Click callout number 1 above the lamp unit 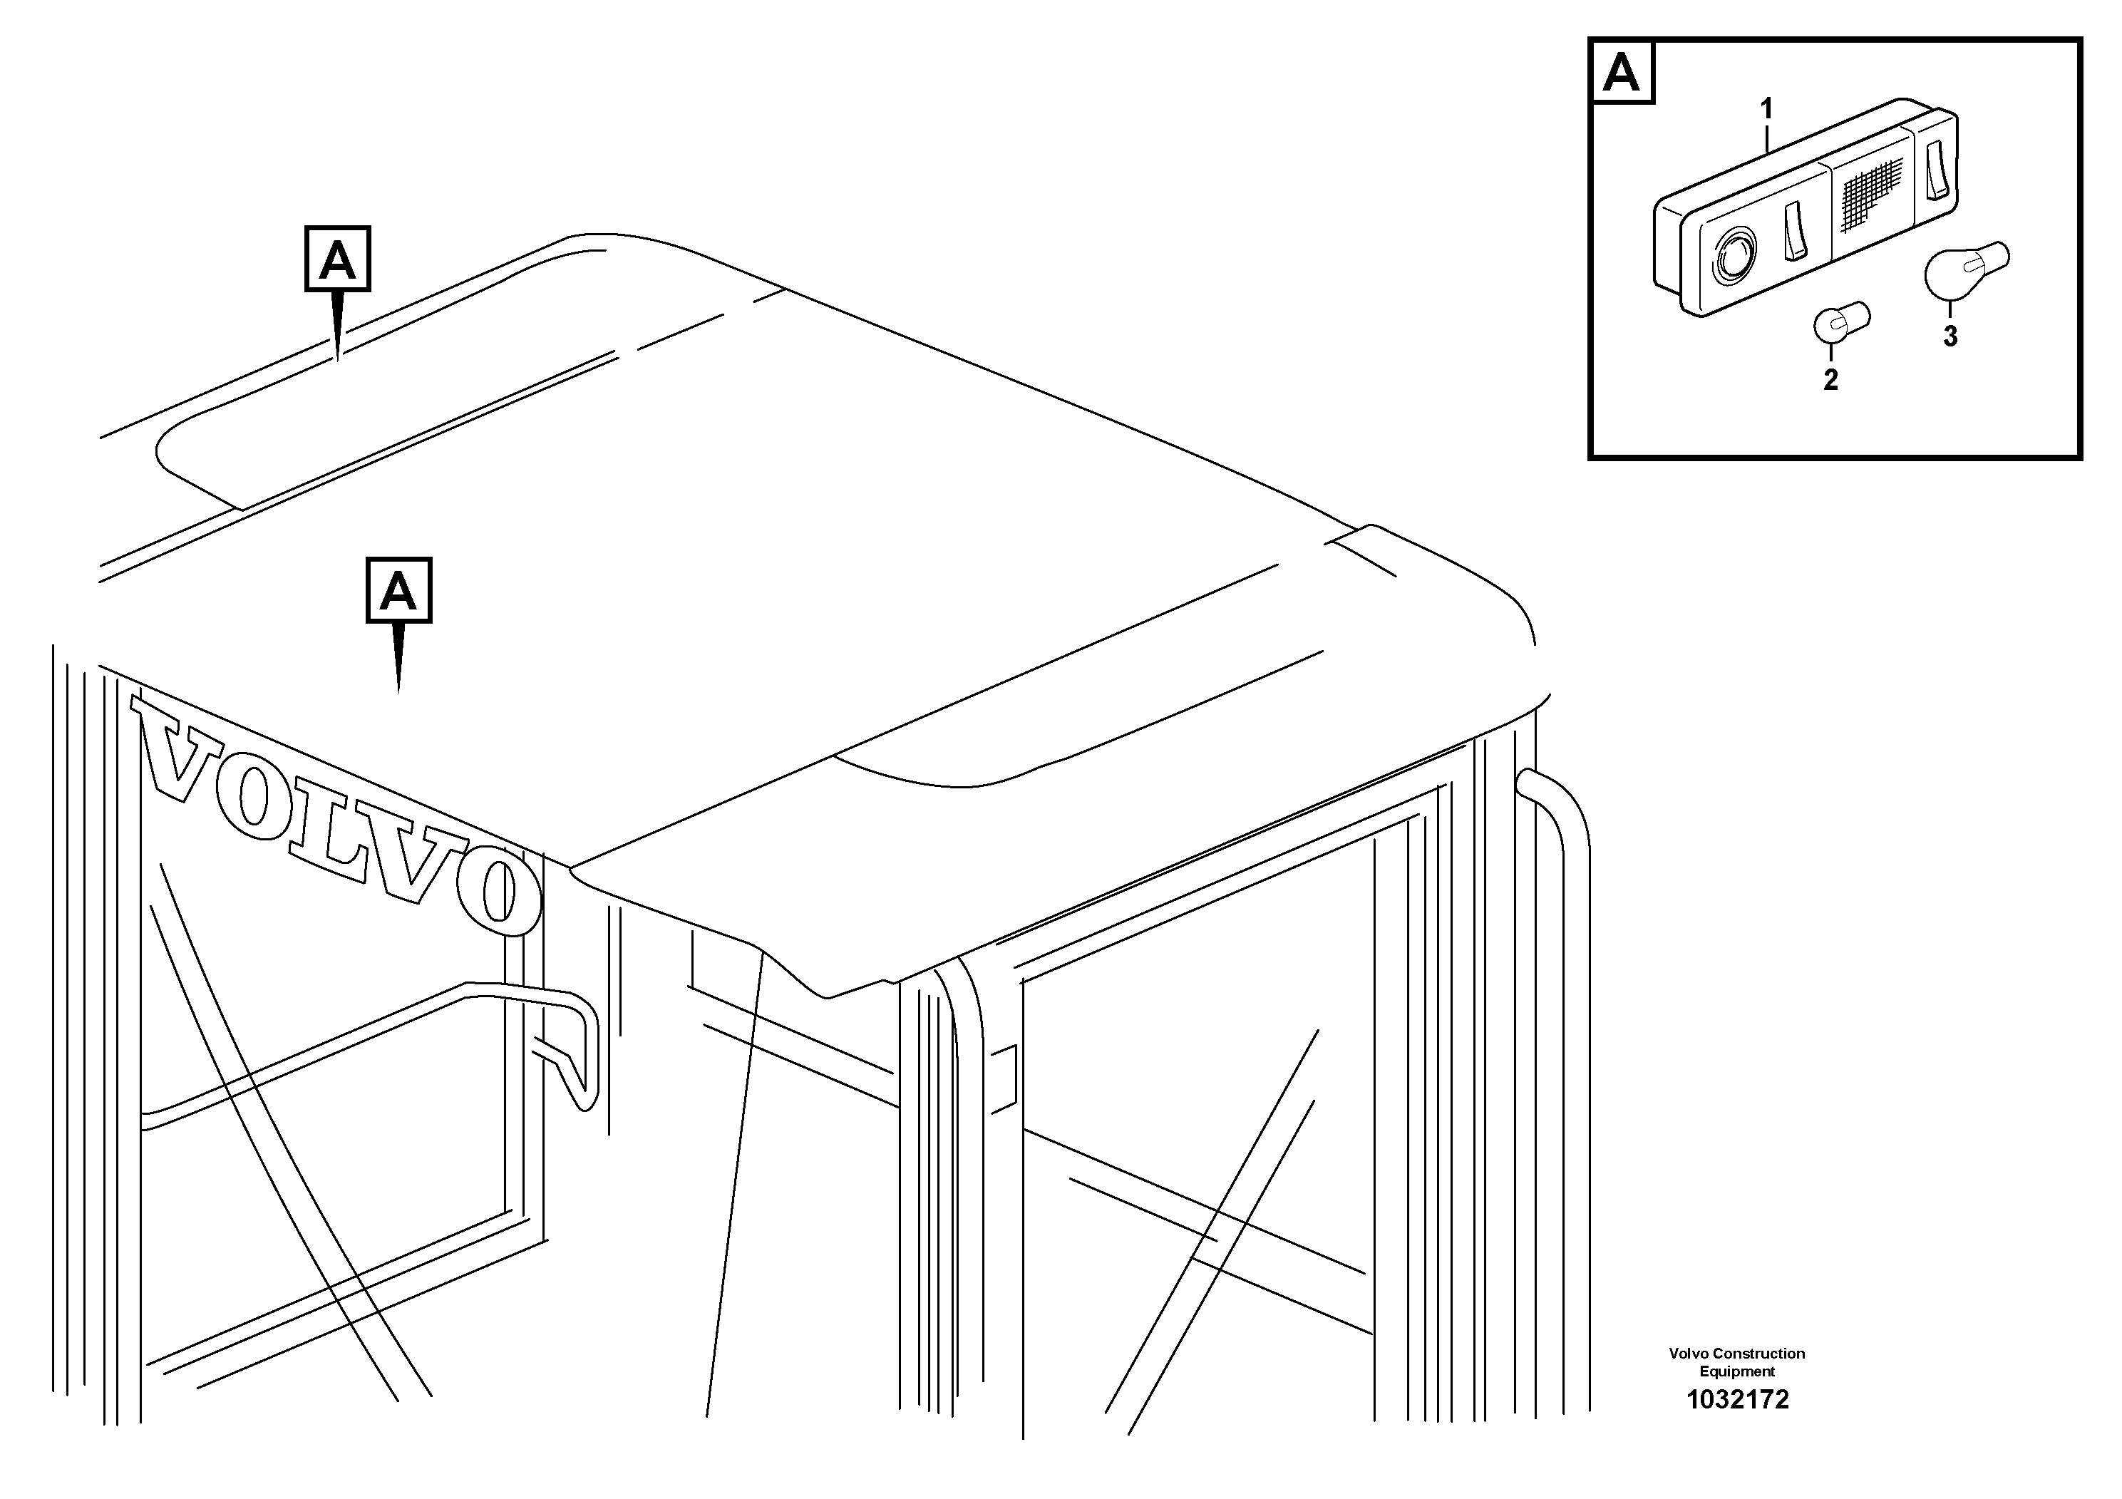1766,110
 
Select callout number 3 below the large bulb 1950,337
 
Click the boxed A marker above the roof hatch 337,259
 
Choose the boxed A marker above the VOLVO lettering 398,590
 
